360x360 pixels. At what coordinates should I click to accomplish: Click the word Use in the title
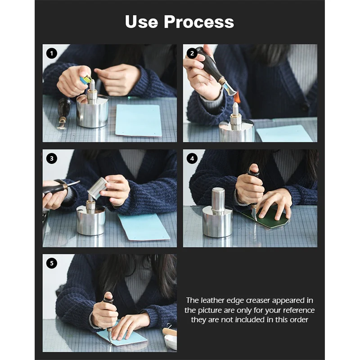[141, 22]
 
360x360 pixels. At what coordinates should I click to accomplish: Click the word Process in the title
[199, 22]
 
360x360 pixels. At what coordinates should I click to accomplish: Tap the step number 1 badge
[52, 54]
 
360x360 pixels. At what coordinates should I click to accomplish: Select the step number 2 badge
[192, 54]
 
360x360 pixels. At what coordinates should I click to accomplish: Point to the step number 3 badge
[52, 158]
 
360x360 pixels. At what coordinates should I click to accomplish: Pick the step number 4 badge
[192, 158]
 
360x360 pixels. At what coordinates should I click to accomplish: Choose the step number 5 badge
[52, 263]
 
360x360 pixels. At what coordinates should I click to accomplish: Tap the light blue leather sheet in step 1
[139, 120]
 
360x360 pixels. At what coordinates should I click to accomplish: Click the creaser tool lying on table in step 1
[63, 114]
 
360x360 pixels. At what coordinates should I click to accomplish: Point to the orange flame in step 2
[236, 97]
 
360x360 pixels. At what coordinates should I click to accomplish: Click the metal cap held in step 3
[97, 188]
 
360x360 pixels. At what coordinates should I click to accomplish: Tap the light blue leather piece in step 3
[144, 227]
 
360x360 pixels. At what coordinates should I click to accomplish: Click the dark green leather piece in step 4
[266, 217]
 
